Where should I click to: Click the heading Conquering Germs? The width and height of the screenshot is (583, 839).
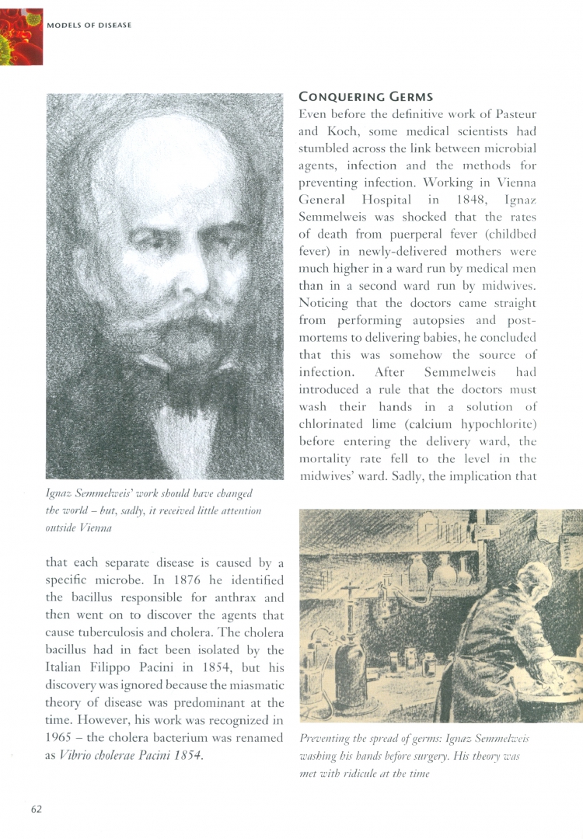(365, 97)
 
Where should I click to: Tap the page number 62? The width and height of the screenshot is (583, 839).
(37, 809)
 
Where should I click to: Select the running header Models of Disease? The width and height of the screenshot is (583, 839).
(89, 25)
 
